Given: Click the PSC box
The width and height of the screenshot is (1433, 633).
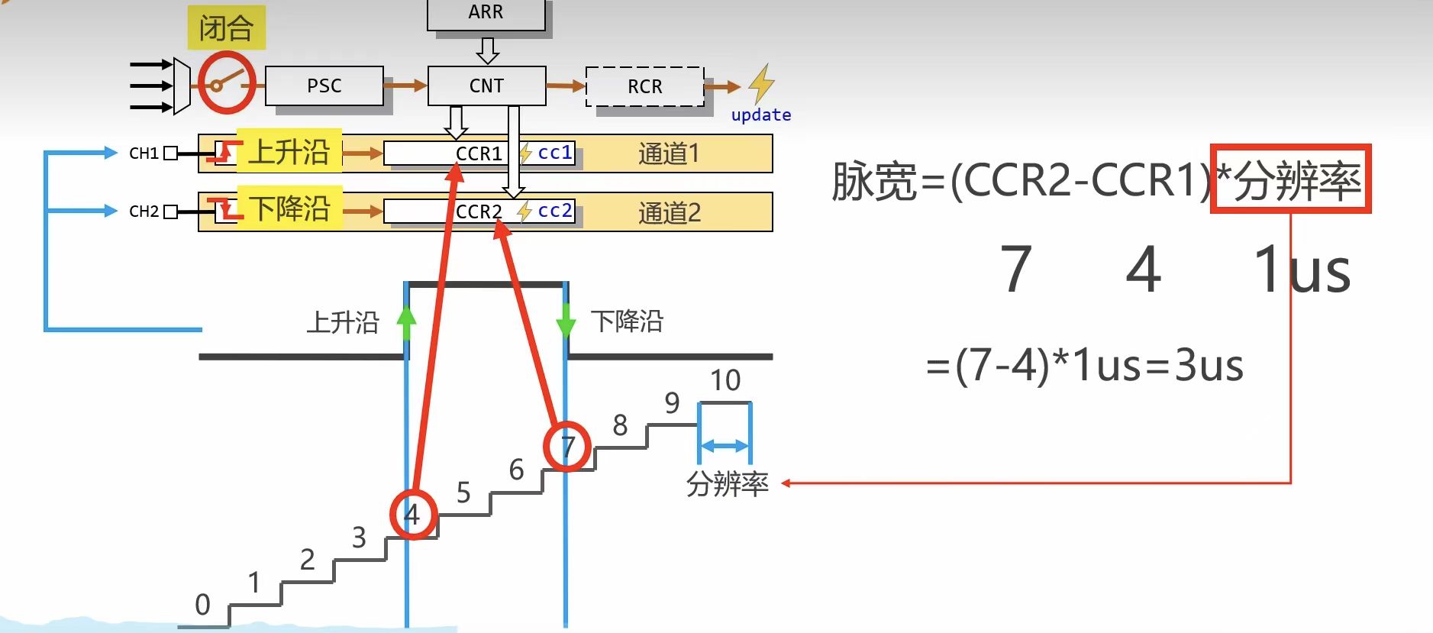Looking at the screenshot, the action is [324, 86].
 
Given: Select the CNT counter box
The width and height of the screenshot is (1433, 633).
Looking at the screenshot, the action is [486, 86].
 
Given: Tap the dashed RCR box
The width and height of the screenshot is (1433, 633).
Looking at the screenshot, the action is [644, 86].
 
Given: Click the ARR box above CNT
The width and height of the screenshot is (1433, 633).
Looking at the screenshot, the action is [486, 13].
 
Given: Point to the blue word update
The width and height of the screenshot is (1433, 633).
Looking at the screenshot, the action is [760, 115].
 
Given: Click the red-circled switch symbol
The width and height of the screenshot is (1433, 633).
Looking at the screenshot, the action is [226, 83].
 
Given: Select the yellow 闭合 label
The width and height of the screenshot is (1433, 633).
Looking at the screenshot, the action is [226, 28].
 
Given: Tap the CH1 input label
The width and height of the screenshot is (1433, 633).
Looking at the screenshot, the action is [144, 153].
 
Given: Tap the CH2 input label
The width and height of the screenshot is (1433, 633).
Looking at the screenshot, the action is [144, 212].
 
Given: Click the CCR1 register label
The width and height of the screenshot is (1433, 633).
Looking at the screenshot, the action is [479, 153].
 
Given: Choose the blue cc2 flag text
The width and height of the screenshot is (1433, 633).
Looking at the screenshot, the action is [555, 211].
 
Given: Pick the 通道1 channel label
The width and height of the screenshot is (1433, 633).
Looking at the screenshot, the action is [669, 153].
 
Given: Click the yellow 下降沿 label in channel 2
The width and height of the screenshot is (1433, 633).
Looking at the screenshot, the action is [289, 208].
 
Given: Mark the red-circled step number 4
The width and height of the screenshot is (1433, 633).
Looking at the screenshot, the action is [413, 515].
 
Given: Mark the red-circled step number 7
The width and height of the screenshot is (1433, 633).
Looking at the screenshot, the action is [567, 447].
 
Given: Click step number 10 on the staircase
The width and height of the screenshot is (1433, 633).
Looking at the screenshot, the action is [725, 380].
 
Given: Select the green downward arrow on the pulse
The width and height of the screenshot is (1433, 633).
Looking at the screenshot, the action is [566, 321].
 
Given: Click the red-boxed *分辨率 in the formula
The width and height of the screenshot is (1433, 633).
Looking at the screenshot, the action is [1290, 179].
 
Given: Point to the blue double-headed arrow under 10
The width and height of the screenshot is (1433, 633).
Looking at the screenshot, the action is [724, 446].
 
